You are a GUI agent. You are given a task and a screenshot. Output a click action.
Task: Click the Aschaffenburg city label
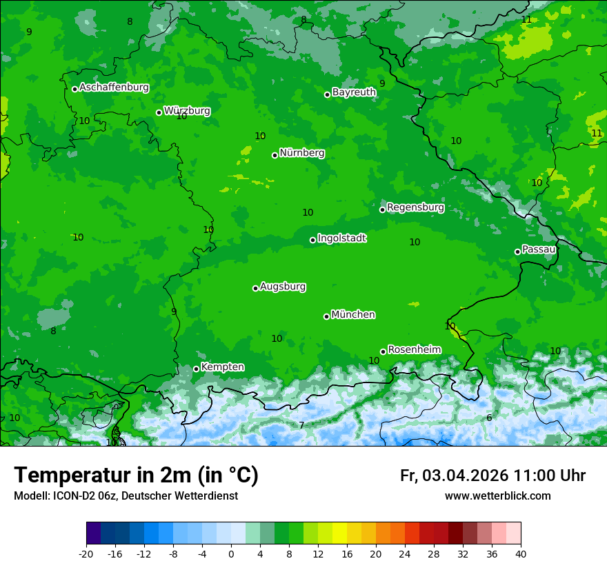click(x=114, y=88)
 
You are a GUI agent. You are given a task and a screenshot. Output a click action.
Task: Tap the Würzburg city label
click(x=187, y=111)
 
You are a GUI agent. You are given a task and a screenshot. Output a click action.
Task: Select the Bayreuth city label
click(x=354, y=92)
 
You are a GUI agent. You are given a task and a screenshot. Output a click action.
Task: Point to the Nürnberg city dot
click(x=275, y=155)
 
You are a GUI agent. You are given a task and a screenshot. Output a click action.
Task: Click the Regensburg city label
click(x=415, y=207)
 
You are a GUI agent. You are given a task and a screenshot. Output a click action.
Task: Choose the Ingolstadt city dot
click(x=312, y=240)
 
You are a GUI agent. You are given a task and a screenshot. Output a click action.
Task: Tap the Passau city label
click(x=539, y=249)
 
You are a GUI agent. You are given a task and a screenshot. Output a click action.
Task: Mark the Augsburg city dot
click(x=255, y=288)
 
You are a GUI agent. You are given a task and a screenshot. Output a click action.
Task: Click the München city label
click(x=353, y=315)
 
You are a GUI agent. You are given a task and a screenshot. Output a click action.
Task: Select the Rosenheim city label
click(x=414, y=350)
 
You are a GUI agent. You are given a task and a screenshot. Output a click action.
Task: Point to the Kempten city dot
click(x=196, y=369)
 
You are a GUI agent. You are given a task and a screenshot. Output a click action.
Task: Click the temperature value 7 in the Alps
click(x=301, y=425)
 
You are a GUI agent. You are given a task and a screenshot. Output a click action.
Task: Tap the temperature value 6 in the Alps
click(x=489, y=418)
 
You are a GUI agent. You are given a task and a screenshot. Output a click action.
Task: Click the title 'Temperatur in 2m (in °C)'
click(x=136, y=476)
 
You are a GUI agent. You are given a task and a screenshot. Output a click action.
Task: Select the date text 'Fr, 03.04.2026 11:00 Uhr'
click(x=492, y=476)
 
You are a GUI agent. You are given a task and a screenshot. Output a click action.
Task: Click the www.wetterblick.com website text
click(x=497, y=496)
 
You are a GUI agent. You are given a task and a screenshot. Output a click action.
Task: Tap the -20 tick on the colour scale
click(x=86, y=553)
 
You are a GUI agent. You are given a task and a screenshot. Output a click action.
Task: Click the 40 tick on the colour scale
click(x=521, y=553)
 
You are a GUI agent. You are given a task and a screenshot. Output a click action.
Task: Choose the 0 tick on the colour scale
click(x=231, y=553)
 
